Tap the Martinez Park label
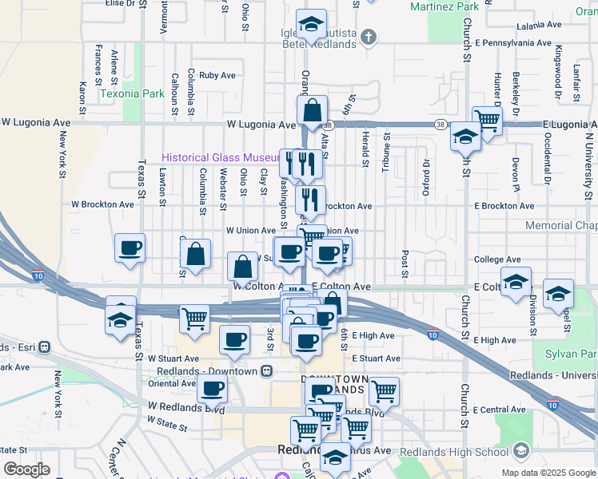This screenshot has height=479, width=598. [x=444, y=6]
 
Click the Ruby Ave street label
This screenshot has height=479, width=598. [x=217, y=76]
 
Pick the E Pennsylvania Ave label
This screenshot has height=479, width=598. [x=512, y=42]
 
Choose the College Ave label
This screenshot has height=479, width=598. [x=497, y=259]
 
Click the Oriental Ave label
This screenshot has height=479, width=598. [x=172, y=383]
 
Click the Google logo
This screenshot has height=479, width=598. [x=26, y=469]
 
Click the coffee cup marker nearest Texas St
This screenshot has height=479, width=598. [x=130, y=247]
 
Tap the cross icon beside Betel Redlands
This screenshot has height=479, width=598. [x=368, y=37]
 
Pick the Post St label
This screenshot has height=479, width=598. [x=405, y=259]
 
